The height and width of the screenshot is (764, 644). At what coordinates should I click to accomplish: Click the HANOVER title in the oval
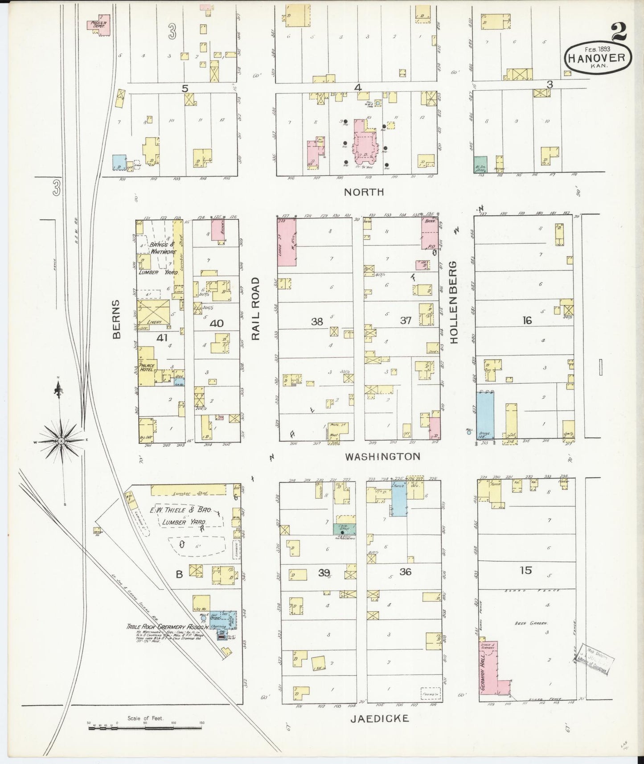[x=598, y=57]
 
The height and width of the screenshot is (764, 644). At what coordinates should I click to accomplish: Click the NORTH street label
[x=364, y=192]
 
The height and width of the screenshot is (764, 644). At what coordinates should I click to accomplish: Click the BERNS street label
[x=117, y=320]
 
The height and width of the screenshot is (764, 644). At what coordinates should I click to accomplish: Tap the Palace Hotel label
[x=148, y=367]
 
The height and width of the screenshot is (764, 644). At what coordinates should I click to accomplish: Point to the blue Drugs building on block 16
[x=484, y=415]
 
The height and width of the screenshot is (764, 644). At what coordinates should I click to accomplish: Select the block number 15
[x=526, y=570]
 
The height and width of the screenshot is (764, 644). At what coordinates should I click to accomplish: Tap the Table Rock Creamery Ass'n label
[x=160, y=627]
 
